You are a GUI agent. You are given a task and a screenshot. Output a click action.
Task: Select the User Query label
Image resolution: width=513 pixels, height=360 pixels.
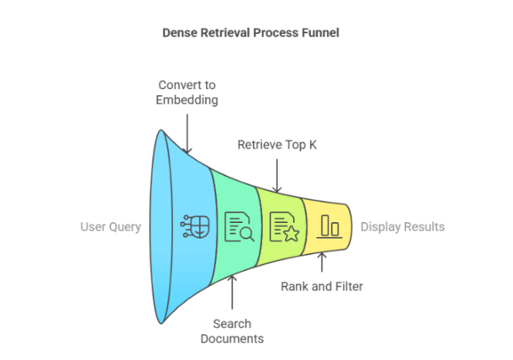coord(111,227)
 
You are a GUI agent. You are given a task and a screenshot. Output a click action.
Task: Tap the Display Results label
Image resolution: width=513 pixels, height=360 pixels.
coord(402,227)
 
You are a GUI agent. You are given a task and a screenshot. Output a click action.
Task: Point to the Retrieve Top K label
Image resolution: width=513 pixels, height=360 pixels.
coord(276,145)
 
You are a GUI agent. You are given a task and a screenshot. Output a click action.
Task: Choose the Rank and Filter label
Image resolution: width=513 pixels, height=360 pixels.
coord(322,286)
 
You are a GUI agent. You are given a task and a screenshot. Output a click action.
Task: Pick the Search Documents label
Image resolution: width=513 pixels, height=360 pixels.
coord(232,331)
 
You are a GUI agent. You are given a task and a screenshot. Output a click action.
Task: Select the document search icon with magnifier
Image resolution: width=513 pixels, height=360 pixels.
coord(238,227)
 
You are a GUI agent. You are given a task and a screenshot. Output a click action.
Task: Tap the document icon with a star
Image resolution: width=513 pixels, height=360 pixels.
coord(284,227)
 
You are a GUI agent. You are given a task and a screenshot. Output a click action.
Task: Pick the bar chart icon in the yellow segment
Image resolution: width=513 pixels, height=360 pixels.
coord(330,227)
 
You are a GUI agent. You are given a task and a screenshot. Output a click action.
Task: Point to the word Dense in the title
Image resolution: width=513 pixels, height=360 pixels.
coord(178,33)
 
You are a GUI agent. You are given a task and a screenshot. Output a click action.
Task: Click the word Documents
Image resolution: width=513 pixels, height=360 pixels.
coord(232,338)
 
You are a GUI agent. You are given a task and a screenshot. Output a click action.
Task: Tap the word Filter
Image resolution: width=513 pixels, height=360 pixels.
coord(348,286)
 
